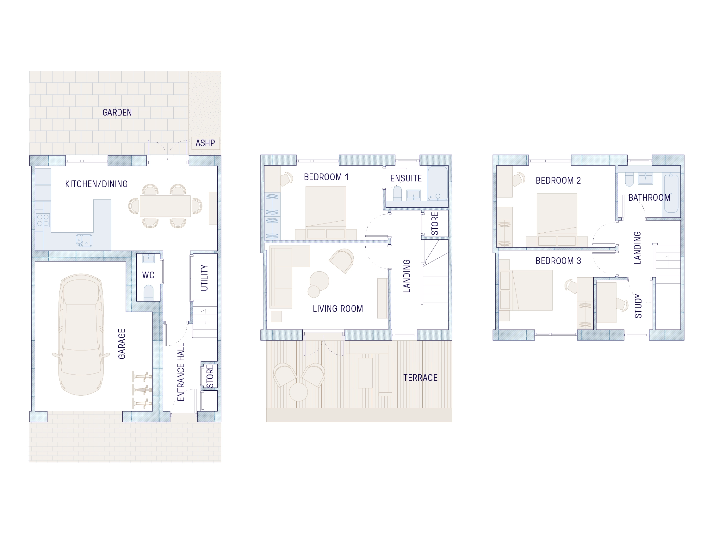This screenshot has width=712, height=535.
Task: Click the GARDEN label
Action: (117, 112)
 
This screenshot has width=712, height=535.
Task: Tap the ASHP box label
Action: (205, 143)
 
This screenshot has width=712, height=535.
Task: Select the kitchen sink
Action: (84, 240)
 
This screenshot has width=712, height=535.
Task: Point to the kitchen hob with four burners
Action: (43, 220)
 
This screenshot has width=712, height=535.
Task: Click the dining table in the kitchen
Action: (165, 206)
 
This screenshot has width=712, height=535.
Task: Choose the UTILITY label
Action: (204, 278)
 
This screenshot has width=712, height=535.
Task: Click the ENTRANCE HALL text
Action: (181, 372)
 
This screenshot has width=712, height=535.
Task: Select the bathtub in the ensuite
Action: (437, 183)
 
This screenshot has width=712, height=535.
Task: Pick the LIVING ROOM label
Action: (337, 309)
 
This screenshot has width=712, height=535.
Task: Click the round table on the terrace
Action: (298, 392)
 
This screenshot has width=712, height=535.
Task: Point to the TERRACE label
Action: (420, 377)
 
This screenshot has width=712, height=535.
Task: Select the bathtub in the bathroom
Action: (671, 193)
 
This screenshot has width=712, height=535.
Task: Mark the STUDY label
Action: (638, 306)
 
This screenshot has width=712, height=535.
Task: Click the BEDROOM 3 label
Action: (558, 261)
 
